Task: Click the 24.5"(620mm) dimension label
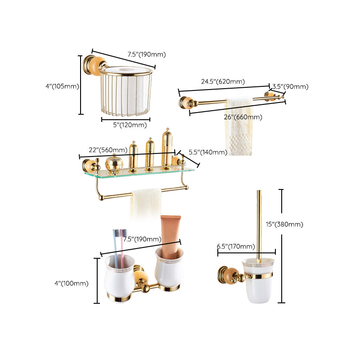coord(223,81)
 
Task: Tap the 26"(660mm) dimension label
coord(243,117)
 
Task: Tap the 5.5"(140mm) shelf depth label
coord(207,152)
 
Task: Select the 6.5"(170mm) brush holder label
coord(236,246)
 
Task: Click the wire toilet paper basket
coord(126,92)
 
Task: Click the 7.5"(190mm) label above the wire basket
coord(147,54)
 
